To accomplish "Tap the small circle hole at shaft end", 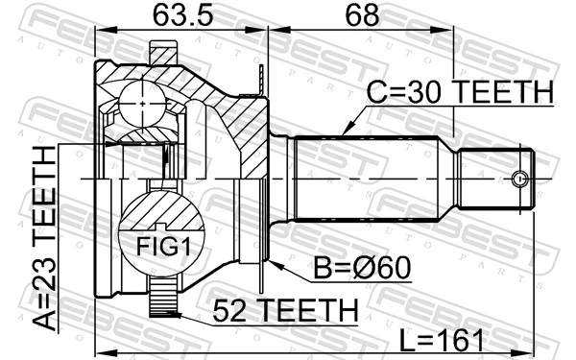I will (520, 180).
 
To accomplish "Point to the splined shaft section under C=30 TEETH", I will (365, 180).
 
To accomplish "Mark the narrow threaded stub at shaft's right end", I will (494, 180).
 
